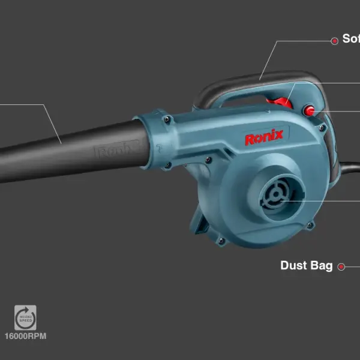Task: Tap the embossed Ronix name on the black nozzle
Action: [117, 151]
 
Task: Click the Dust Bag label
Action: [306, 266]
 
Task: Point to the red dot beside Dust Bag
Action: [341, 266]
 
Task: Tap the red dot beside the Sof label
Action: [335, 40]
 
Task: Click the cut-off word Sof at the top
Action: [351, 39]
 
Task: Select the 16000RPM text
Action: [25, 336]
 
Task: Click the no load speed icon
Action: [25, 317]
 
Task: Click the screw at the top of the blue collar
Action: [167, 119]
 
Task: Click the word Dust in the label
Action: [294, 266]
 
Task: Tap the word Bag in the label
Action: [321, 266]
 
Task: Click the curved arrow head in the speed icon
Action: [30, 311]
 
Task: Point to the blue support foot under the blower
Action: [201, 225]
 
